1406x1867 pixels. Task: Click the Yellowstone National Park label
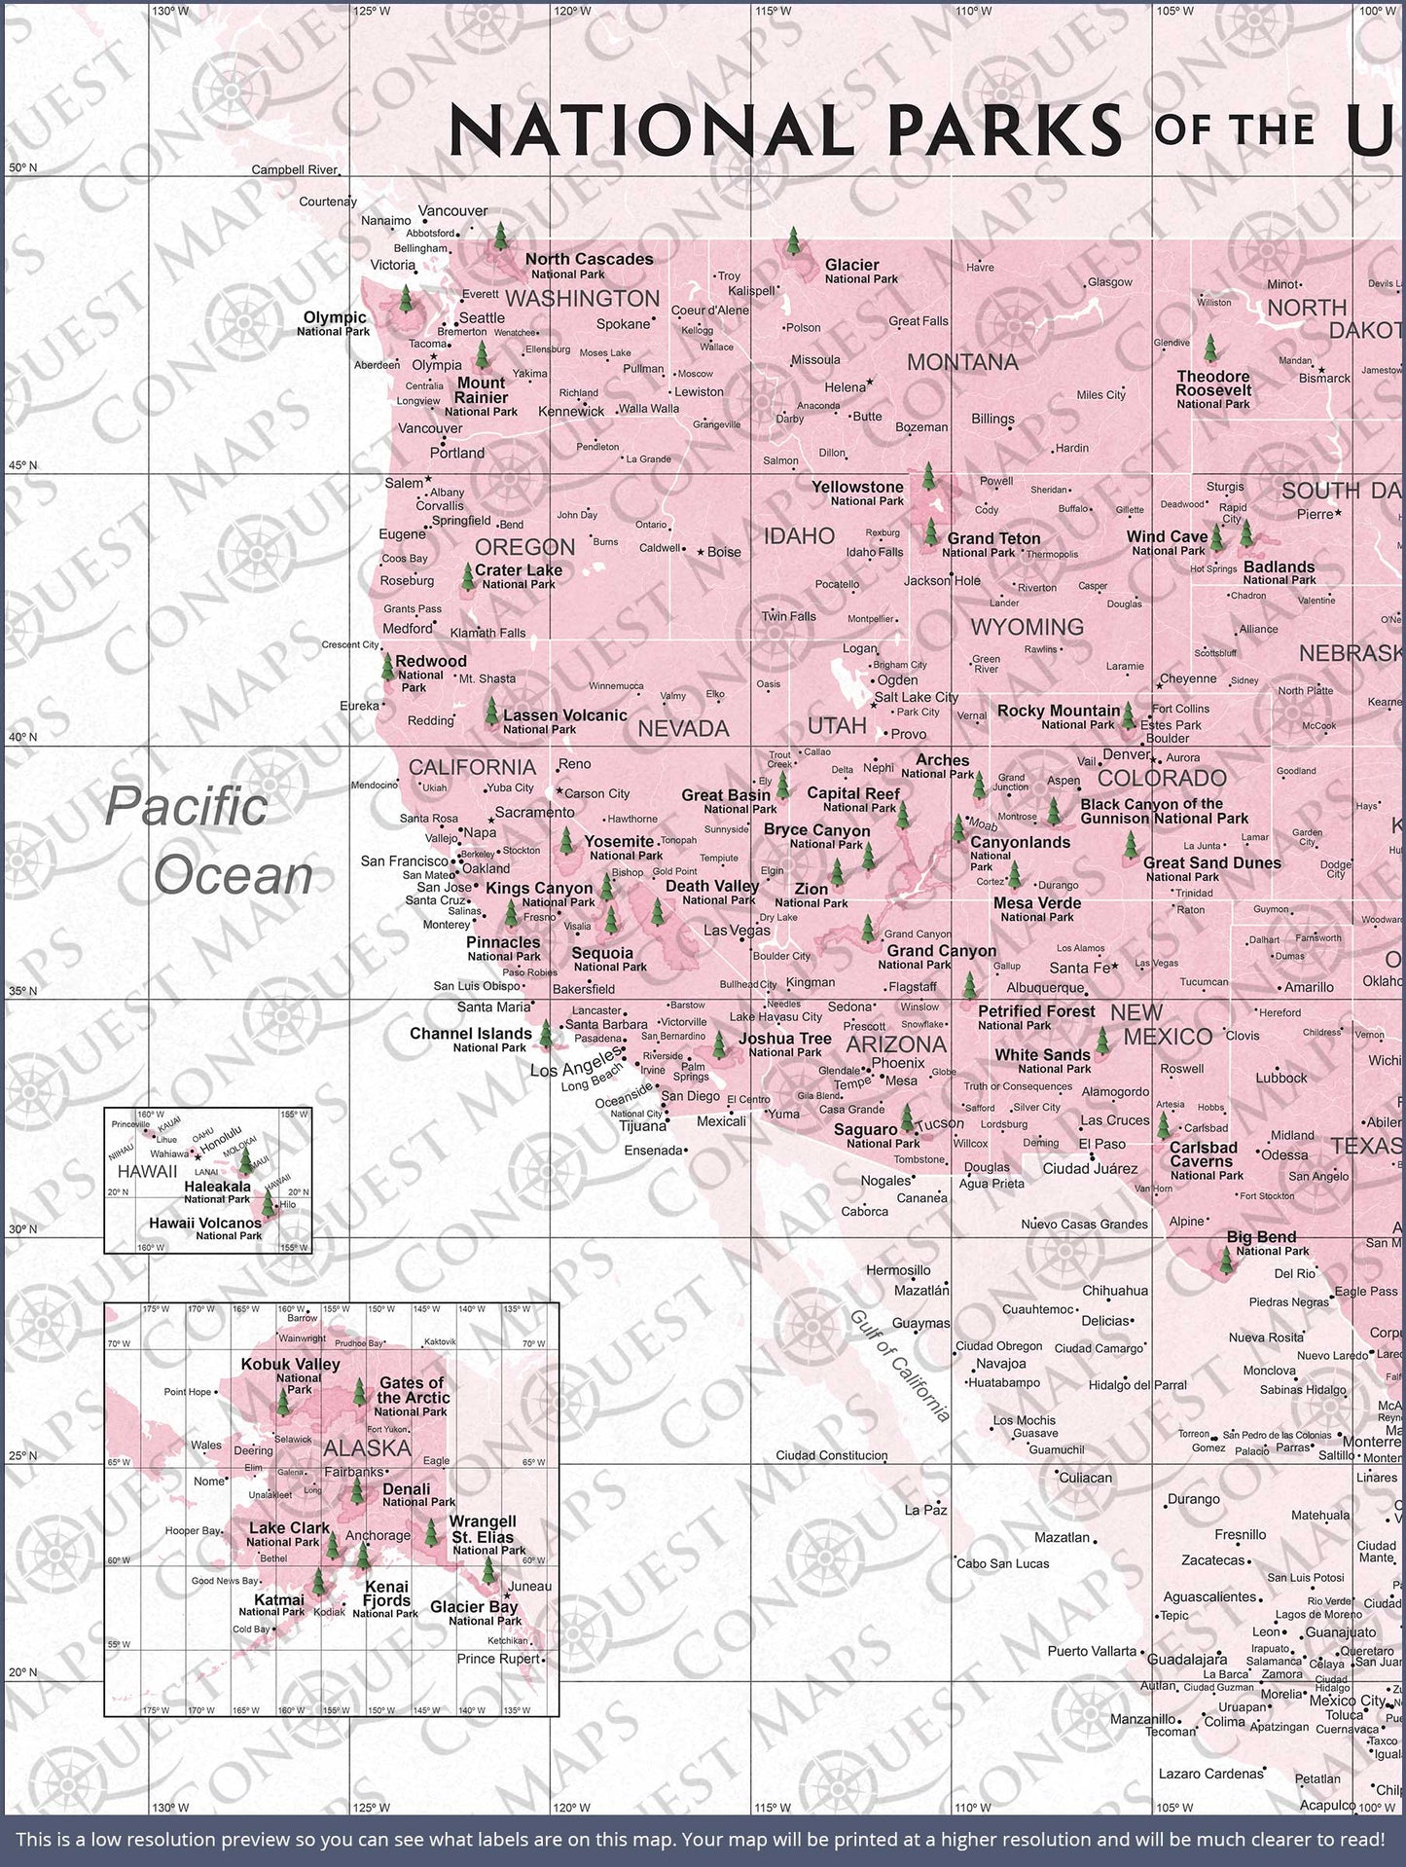click(x=858, y=492)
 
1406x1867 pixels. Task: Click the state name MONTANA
click(x=961, y=362)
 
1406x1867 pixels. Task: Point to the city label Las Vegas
click(x=737, y=931)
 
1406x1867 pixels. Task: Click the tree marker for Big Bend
click(x=1226, y=1260)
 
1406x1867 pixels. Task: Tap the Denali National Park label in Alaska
click(x=407, y=1494)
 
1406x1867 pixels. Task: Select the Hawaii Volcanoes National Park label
click(x=205, y=1227)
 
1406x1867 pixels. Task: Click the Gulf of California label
click(x=900, y=1365)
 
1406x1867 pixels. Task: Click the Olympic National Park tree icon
click(x=406, y=298)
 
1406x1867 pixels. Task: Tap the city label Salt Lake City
click(x=916, y=697)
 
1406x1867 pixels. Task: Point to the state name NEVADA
click(x=683, y=728)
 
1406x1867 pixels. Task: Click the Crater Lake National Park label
click(x=519, y=575)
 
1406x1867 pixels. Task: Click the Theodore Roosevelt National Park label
click(x=1212, y=388)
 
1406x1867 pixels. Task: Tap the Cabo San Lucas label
click(x=1003, y=1563)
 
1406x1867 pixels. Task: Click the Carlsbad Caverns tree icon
click(x=1163, y=1125)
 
